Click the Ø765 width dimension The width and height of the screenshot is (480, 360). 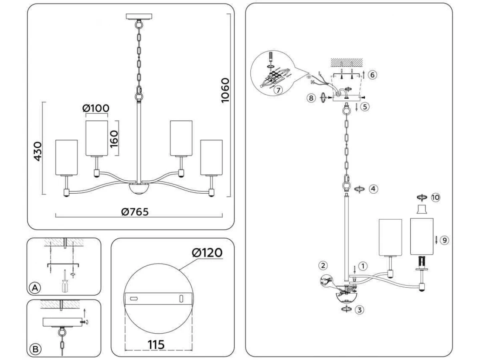(134, 212)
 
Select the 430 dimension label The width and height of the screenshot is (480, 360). (37, 151)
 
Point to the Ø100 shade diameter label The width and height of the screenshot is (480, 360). (96, 108)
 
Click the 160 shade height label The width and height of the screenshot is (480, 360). (115, 139)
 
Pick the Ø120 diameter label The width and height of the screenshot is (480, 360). (207, 253)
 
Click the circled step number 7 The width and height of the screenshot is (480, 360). (278, 90)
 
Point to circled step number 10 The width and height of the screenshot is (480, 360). (436, 197)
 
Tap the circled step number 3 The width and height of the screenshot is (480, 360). (361, 309)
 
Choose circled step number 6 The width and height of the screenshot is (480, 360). (372, 75)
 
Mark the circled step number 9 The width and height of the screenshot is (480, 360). (444, 240)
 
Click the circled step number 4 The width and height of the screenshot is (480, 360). (373, 188)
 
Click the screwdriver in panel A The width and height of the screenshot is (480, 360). (64, 282)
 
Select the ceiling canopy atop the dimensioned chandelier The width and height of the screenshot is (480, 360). (139, 16)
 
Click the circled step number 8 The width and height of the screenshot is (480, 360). (311, 98)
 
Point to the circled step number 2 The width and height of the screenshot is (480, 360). (323, 265)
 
